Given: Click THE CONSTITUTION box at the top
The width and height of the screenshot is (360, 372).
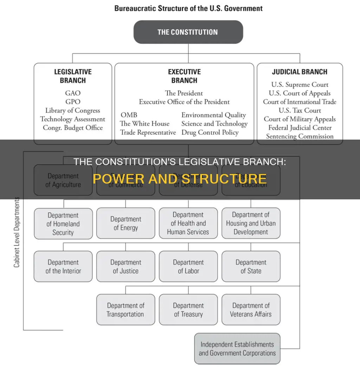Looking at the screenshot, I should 188,32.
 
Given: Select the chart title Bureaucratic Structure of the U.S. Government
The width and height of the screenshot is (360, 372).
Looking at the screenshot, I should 188,8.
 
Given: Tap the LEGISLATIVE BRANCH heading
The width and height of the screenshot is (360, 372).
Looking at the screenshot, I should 73,76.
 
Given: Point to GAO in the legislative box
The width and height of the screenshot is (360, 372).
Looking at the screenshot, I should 73,93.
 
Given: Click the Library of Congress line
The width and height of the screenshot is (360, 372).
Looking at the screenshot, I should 73,110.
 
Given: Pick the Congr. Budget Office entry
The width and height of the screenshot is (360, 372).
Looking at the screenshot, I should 73,128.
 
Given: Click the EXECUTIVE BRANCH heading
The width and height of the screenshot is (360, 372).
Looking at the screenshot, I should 184,76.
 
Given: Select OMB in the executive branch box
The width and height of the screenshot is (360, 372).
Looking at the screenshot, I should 129,115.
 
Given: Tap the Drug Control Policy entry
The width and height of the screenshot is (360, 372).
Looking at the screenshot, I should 210,133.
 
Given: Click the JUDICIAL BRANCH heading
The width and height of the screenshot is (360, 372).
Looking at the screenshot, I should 300,72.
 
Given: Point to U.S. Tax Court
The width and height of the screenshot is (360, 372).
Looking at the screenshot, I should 300,110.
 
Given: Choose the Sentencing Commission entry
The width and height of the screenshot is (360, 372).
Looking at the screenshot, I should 300,136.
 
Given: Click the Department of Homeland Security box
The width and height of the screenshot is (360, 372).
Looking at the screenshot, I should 63,224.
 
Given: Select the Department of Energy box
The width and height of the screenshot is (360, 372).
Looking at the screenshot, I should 126,223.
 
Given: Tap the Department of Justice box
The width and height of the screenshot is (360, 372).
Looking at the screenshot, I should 126,267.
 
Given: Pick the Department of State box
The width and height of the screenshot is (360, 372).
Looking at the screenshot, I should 251,267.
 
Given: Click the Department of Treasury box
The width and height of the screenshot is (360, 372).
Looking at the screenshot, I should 188,310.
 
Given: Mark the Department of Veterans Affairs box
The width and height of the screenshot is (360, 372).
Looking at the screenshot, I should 251,310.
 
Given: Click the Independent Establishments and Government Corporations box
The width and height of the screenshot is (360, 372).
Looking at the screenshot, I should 237,348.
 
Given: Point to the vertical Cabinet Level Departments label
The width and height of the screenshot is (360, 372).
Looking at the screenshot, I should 17,232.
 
